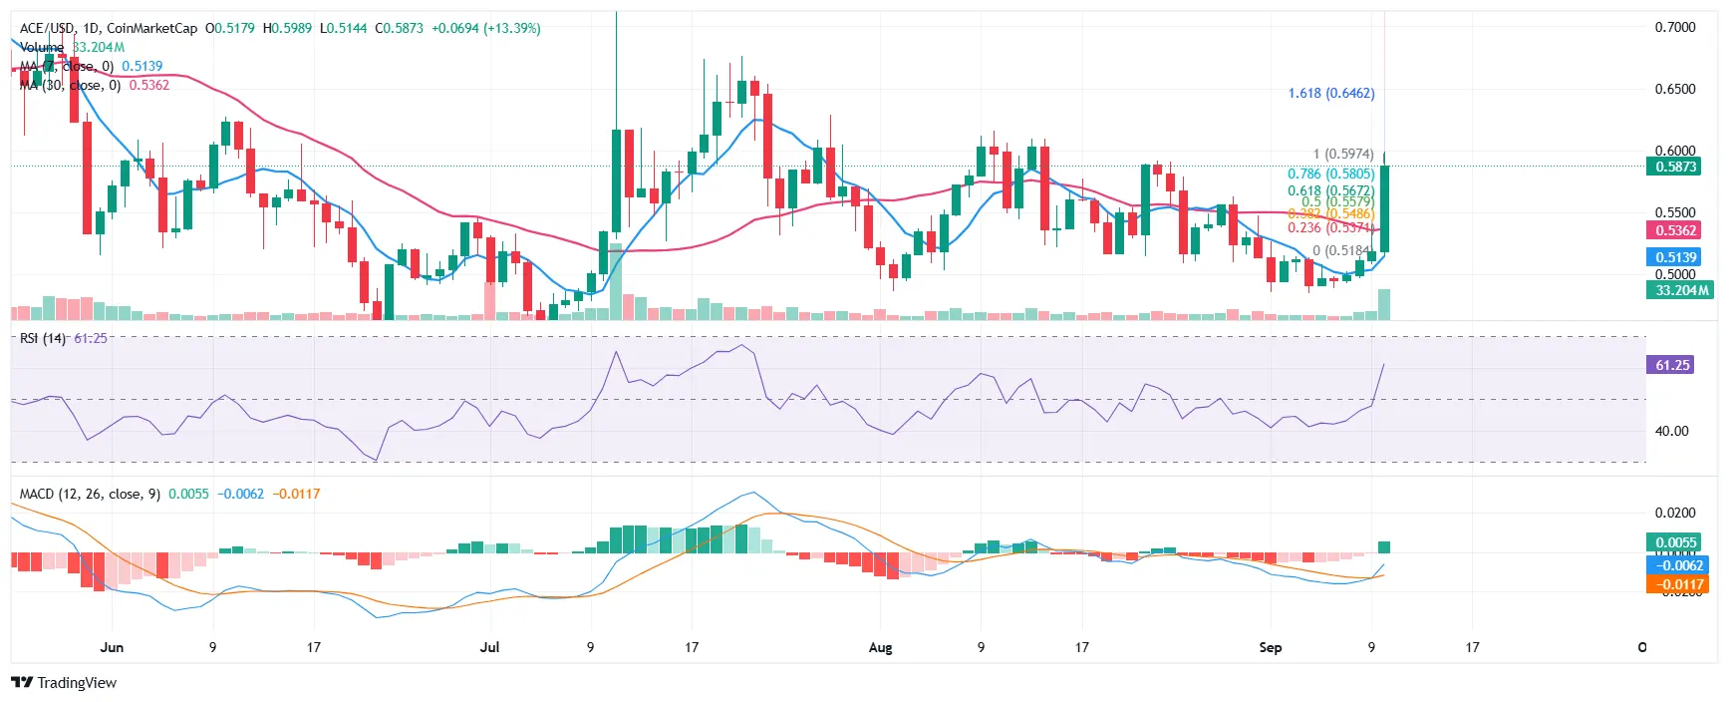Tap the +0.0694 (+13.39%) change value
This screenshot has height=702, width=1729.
pos(485,28)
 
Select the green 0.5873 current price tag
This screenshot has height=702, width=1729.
pos(1675,167)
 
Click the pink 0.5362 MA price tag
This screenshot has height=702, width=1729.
pos(1675,230)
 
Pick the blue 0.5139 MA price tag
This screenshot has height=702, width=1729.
pos(1675,257)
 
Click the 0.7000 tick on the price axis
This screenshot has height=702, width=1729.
pos(1674,27)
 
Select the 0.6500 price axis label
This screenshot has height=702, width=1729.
pos(1674,89)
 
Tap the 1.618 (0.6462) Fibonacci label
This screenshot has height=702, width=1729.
pos(1330,93)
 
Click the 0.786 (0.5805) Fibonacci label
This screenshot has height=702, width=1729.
pos(1330,174)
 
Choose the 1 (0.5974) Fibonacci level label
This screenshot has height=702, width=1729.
pos(1342,154)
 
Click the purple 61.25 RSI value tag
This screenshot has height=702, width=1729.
pos(1672,365)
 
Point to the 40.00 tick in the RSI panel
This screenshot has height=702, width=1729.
pos(1671,431)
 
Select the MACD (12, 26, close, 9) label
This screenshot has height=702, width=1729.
pos(90,494)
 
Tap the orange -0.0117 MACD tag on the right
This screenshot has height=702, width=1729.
pos(1677,584)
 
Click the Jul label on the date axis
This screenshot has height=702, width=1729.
pos(489,647)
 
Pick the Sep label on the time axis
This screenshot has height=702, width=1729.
pos(1270,647)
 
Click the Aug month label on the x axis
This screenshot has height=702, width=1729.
pos(880,647)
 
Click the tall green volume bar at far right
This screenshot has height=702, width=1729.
pos(1384,304)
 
